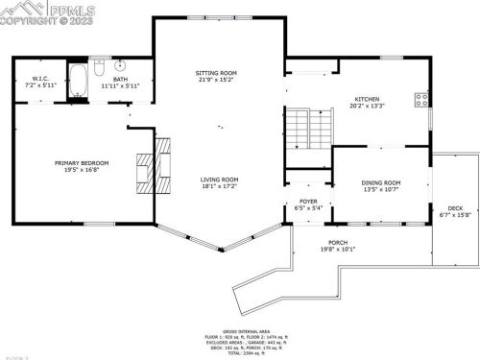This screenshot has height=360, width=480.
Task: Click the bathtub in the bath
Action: pyautogui.click(x=78, y=76)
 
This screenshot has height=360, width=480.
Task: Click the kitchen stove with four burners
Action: pyautogui.click(x=420, y=98)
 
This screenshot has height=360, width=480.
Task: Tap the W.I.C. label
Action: pyautogui.click(x=40, y=78)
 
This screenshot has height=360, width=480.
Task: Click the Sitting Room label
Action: pyautogui.click(x=217, y=73)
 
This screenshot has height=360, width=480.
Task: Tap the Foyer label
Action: pyautogui.click(x=308, y=202)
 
